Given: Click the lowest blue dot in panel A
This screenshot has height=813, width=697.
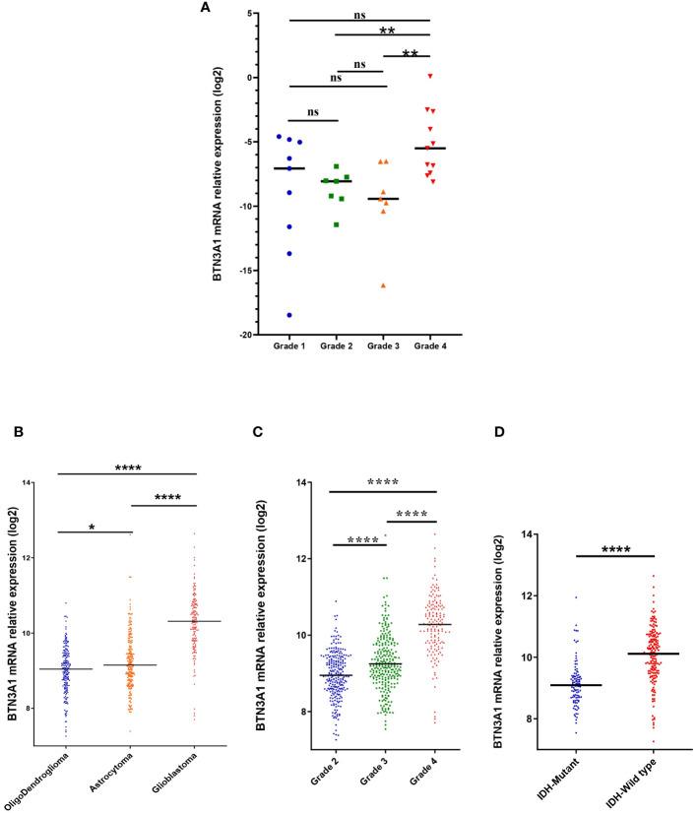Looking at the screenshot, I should (x=289, y=315).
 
